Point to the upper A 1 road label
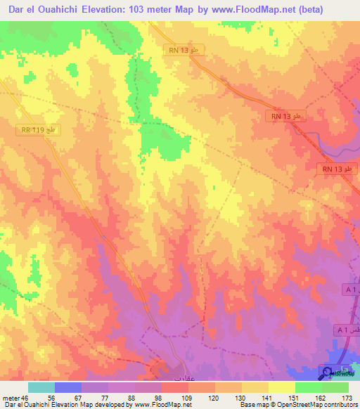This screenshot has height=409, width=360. point(350,290)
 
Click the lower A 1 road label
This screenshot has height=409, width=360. point(344,330)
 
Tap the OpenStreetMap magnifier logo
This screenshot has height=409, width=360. point(328,371)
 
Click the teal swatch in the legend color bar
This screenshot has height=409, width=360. point(41,387)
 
